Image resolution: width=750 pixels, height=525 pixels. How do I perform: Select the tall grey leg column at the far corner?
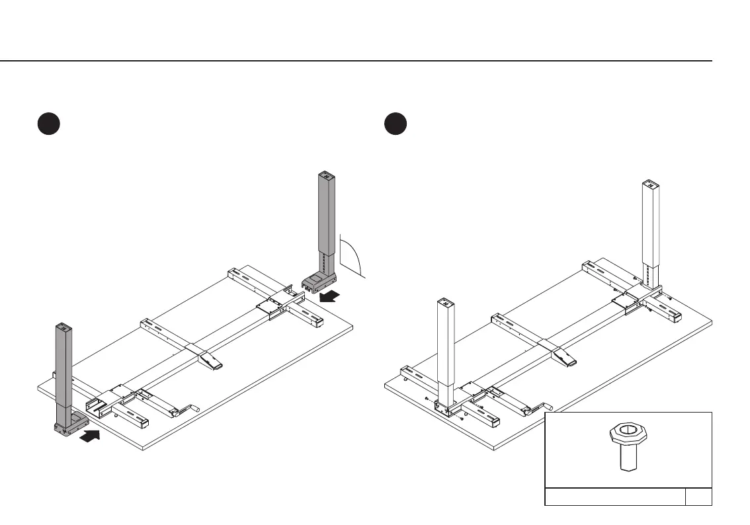(325, 218)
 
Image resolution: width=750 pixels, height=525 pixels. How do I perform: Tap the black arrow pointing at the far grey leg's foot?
(331, 296)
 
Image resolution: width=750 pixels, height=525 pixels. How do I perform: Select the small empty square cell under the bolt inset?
(698, 497)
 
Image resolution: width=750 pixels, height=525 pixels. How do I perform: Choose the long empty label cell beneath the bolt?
(614, 497)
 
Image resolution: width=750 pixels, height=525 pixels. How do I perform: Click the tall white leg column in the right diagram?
(651, 225)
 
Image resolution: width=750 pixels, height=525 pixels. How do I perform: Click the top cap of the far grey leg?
(325, 177)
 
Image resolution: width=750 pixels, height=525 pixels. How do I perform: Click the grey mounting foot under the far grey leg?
(317, 282)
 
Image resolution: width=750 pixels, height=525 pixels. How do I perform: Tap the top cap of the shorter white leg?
(445, 303)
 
